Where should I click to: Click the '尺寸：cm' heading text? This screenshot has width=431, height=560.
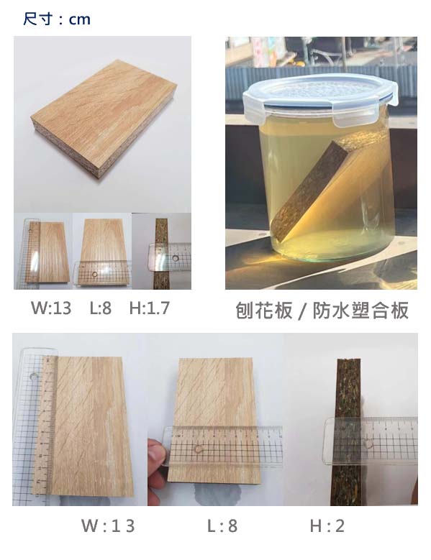[57, 19]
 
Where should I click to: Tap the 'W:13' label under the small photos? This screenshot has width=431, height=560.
[51, 308]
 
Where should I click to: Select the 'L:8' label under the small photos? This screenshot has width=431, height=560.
[101, 308]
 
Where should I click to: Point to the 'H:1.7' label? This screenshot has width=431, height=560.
[150, 308]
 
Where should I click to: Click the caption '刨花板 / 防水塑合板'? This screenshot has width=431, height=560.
[322, 311]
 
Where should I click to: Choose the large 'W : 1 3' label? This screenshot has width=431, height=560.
[108, 525]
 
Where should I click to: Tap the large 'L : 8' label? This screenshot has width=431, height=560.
[222, 525]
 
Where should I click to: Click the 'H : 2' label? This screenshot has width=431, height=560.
[327, 525]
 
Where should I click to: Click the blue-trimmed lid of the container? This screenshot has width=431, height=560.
[320, 96]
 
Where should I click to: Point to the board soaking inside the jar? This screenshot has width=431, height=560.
[330, 185]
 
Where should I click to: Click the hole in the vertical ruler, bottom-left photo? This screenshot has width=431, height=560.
[34, 377]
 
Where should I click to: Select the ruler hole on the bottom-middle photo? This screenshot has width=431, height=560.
[197, 449]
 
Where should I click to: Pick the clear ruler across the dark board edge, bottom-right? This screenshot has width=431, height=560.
[371, 441]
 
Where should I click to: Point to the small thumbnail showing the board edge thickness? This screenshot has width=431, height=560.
[162, 251]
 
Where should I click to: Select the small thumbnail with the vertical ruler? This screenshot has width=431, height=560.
[43, 251]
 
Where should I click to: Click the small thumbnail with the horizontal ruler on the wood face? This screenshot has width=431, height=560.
[103, 251]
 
